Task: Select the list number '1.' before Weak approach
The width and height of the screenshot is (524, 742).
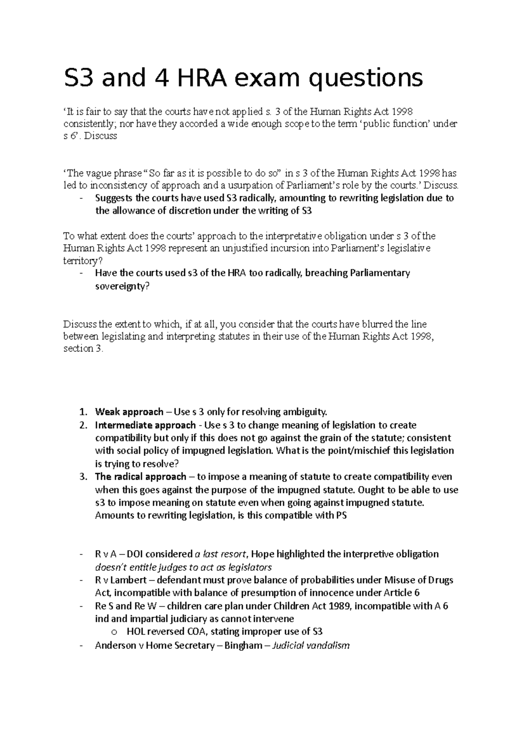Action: pyautogui.click(x=83, y=412)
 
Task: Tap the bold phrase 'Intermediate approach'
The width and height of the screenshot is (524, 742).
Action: pyautogui.click(x=145, y=425)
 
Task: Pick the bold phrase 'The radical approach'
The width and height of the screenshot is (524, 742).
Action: pyautogui.click(x=140, y=476)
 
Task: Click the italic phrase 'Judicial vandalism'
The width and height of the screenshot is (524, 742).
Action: pyautogui.click(x=311, y=645)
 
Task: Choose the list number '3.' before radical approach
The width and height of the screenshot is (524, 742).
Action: pyautogui.click(x=83, y=476)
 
